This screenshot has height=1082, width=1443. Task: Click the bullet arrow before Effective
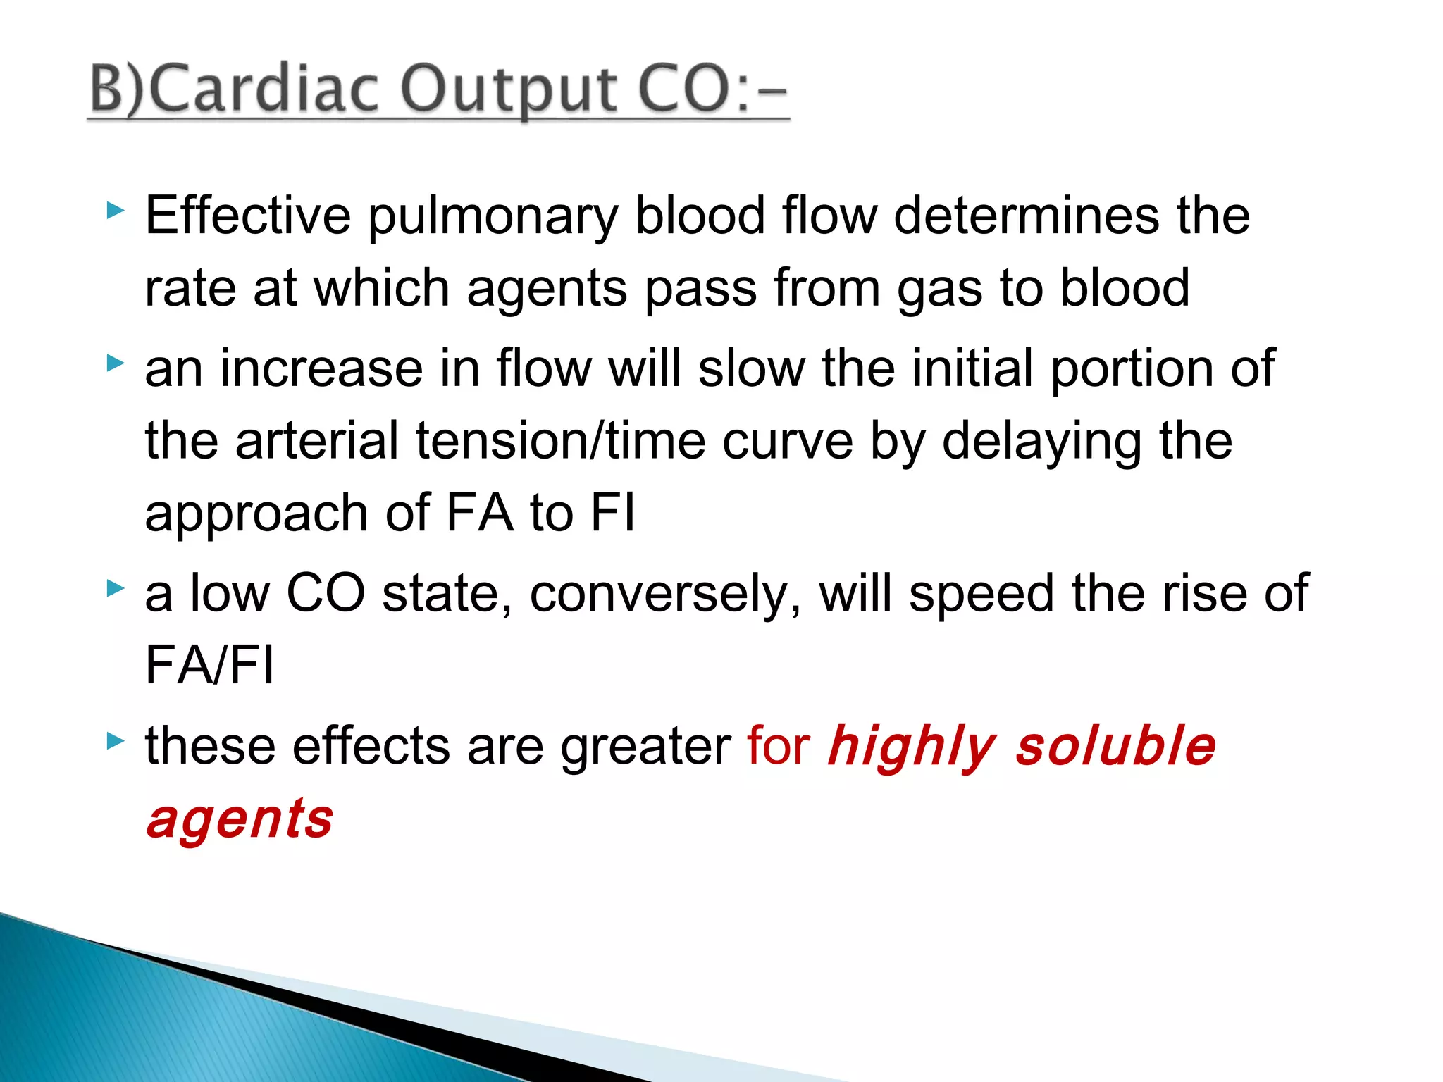[116, 210]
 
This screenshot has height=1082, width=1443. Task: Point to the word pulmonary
[493, 217]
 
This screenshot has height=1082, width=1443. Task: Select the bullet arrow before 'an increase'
[116, 363]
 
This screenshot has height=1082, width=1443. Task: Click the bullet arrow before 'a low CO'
[116, 587]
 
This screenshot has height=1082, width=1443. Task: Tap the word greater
[645, 747]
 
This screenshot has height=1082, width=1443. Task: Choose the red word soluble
[1115, 746]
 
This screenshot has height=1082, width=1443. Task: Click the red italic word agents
[240, 821]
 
